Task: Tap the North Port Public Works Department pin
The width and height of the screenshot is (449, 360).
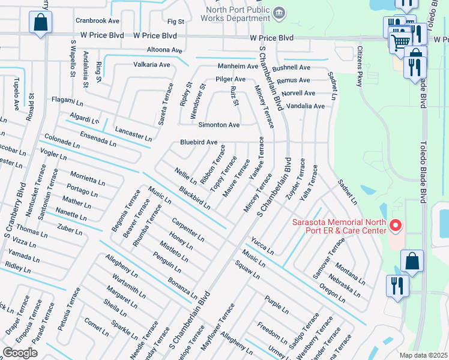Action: (279, 13)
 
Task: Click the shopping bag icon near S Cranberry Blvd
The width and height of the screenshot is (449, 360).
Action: (40, 24)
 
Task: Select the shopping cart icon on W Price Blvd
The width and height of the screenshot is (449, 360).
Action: (400, 40)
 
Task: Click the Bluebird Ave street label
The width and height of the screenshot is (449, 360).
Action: (199, 143)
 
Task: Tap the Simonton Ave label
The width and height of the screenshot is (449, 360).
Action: (219, 125)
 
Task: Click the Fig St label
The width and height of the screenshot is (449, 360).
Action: (176, 22)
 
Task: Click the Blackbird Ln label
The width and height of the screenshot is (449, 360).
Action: (194, 198)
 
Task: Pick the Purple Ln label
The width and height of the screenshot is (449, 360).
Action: (276, 303)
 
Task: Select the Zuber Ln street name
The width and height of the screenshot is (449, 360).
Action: (70, 229)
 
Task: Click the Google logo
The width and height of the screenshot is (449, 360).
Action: (20, 352)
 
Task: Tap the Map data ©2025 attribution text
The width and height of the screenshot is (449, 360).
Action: (423, 355)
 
